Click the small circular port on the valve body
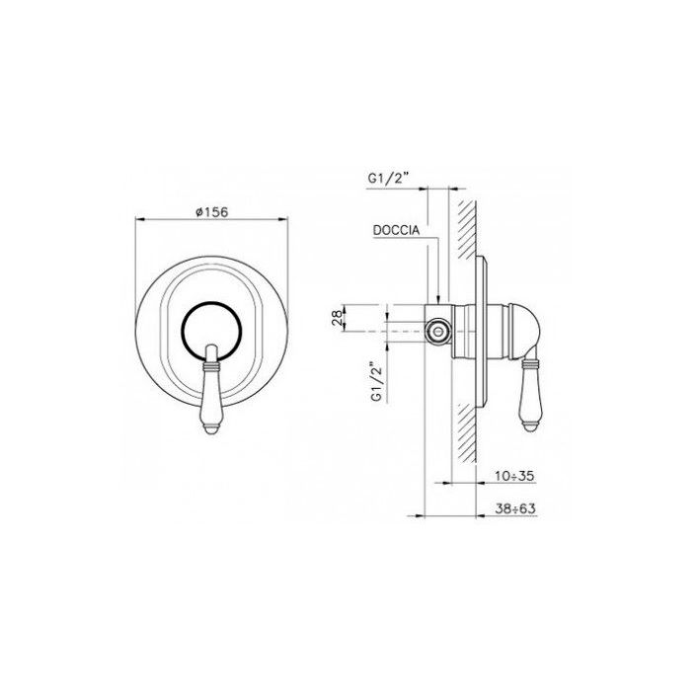coord(437,331)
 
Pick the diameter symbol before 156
coord(198,210)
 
